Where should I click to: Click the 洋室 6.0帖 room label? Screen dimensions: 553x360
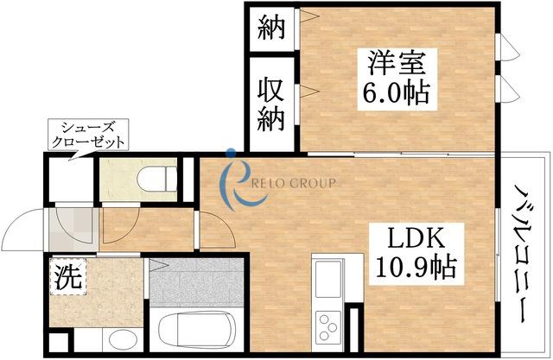pyautogui.click(x=397, y=79)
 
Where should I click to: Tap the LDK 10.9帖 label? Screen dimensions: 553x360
pyautogui.click(x=416, y=254)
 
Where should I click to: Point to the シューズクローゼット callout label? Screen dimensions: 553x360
pyautogui.click(x=88, y=135)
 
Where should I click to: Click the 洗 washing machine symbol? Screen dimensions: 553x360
pyautogui.click(x=68, y=277)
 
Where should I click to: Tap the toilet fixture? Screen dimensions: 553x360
pyautogui.click(x=157, y=179)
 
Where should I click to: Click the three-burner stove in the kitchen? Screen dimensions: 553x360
pyautogui.click(x=328, y=327)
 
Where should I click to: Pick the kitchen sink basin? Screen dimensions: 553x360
pyautogui.click(x=328, y=279)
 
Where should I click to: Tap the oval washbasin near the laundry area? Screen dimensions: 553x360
pyautogui.click(x=123, y=339)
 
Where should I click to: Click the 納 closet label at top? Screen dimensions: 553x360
pyautogui.click(x=271, y=28)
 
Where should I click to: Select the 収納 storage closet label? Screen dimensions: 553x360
pyautogui.click(x=270, y=104)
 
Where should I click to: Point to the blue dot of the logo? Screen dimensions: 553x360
pyautogui.click(x=232, y=152)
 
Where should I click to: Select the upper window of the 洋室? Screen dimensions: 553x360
pyautogui.click(x=508, y=47)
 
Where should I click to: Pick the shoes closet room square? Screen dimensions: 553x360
pyautogui.click(x=71, y=180)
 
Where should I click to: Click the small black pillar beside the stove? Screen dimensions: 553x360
pyautogui.click(x=353, y=330)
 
